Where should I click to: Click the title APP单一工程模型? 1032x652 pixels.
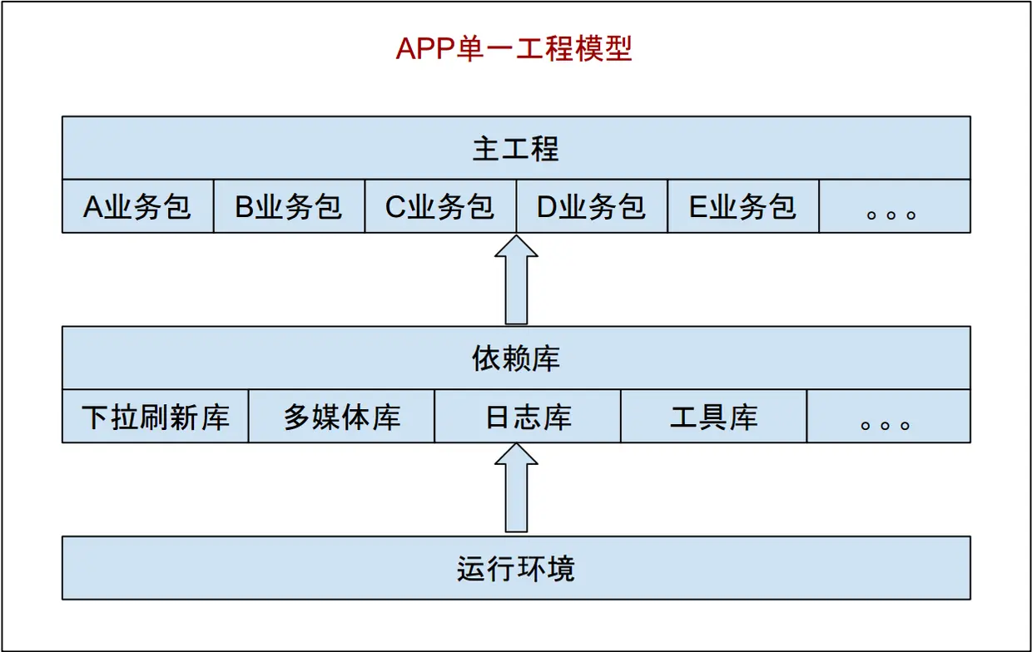514,49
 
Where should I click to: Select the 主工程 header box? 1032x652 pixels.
516,148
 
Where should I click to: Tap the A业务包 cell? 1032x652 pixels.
138,206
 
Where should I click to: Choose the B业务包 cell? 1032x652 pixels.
289,206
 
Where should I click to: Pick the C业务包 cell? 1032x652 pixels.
440,206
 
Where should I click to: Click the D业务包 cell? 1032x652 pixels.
592,206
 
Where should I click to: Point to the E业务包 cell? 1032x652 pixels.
743,206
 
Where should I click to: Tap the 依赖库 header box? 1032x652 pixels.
516,358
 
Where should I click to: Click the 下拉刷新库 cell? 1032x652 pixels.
156,417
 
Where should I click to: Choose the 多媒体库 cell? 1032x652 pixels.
342,417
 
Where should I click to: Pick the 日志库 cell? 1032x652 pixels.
528,417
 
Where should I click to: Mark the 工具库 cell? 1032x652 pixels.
713,417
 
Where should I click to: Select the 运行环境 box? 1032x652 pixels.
516,568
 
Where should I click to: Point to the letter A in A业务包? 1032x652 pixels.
92,206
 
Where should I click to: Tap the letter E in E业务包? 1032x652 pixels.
697,206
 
